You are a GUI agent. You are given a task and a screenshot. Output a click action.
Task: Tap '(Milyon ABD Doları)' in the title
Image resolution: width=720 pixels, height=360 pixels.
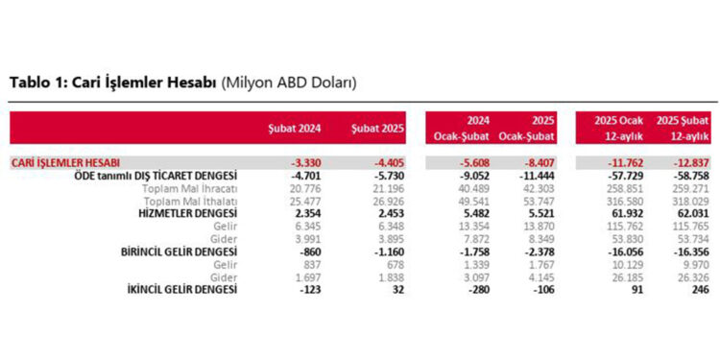tap(289, 83)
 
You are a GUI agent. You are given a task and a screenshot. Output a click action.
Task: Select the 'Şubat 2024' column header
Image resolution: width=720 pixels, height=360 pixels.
tap(296, 129)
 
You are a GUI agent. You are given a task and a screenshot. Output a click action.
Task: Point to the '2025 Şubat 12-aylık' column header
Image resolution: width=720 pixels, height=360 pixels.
tap(682, 128)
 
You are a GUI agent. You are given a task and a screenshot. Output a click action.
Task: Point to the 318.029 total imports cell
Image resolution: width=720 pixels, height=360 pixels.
tap(689, 201)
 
